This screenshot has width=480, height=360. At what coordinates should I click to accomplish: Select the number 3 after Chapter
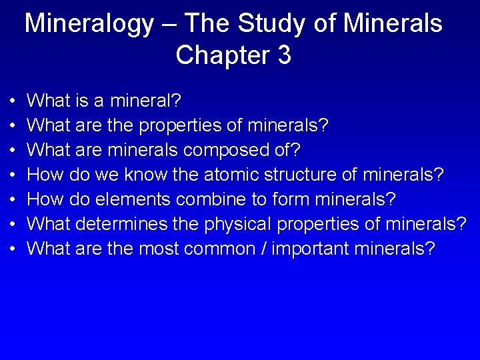point(283,55)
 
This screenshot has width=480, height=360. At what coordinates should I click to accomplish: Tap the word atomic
point(235,175)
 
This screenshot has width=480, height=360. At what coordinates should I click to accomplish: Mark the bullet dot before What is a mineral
point(15,102)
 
